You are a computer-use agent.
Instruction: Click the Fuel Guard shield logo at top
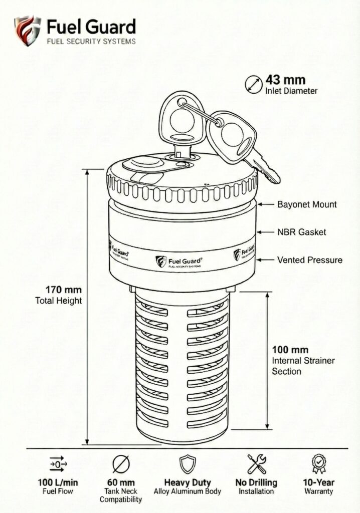[x=27, y=31]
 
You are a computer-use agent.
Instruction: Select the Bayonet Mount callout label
[x=307, y=204]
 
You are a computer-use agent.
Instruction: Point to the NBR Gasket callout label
[x=302, y=232]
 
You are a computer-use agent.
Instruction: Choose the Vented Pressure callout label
[x=310, y=260]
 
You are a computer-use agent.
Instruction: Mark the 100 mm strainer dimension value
[x=290, y=350]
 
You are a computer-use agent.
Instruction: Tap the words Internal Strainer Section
[x=303, y=366]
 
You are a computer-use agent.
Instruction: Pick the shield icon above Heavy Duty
[x=187, y=464]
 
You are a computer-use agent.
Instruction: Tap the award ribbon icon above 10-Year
[x=318, y=463]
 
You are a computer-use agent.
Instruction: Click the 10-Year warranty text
[x=318, y=483]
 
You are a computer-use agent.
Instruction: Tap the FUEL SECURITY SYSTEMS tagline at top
[x=91, y=42]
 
